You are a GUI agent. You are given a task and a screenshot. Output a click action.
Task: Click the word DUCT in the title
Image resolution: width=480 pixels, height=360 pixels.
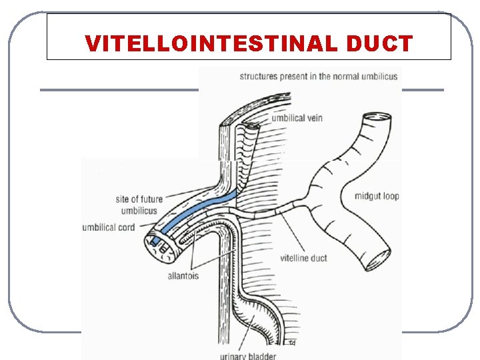(x=379, y=44)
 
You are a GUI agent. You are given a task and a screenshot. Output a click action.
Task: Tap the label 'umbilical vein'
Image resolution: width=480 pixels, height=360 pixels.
(x=297, y=118)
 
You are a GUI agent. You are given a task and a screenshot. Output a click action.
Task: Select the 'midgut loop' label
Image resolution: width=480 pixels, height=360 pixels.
(x=377, y=196)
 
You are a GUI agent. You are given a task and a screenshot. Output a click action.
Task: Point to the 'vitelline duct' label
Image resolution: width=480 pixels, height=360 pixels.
(x=303, y=258)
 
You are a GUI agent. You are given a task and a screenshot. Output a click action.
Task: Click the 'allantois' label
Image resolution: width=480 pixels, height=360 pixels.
(x=183, y=275)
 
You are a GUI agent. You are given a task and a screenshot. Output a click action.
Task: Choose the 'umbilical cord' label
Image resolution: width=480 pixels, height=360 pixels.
(x=109, y=227)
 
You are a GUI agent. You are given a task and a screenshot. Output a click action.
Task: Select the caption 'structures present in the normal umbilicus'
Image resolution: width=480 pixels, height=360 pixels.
(x=319, y=77)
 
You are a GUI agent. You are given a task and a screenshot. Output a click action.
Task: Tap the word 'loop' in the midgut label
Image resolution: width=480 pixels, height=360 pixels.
(x=390, y=196)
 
